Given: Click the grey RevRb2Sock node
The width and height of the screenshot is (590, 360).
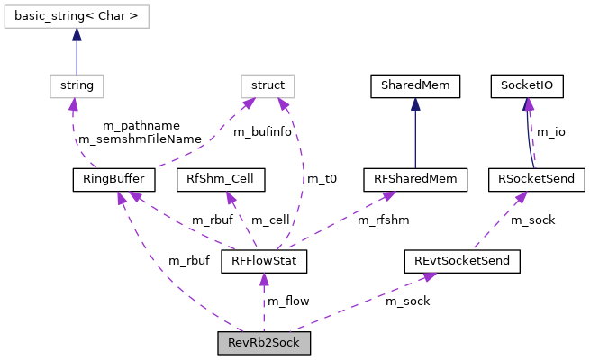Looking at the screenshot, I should (x=263, y=343).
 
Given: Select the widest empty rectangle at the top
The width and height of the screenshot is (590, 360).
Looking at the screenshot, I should (x=77, y=16).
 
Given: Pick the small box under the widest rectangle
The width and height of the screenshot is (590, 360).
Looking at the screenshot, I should (x=77, y=86).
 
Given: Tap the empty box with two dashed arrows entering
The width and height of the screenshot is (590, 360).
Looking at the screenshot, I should (x=268, y=86).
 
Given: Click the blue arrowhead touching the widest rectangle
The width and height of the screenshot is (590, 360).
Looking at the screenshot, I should (x=77, y=34).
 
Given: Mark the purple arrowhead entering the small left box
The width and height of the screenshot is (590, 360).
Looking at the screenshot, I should (x=73, y=104).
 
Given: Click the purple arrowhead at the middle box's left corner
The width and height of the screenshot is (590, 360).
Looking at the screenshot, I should (x=250, y=103).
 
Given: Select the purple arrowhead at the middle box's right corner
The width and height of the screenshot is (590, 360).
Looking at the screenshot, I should (x=283, y=103).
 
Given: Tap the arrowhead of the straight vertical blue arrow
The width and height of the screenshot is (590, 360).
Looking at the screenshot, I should (x=415, y=104).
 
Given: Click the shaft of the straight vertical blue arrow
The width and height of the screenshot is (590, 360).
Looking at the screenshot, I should (x=415, y=139).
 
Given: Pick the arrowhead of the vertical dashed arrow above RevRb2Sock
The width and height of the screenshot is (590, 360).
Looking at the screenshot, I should (x=264, y=279).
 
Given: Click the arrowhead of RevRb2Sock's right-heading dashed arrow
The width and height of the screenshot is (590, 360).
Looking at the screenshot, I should (x=431, y=276).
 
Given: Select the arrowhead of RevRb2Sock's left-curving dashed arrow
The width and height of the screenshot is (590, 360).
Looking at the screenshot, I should (x=121, y=197).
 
